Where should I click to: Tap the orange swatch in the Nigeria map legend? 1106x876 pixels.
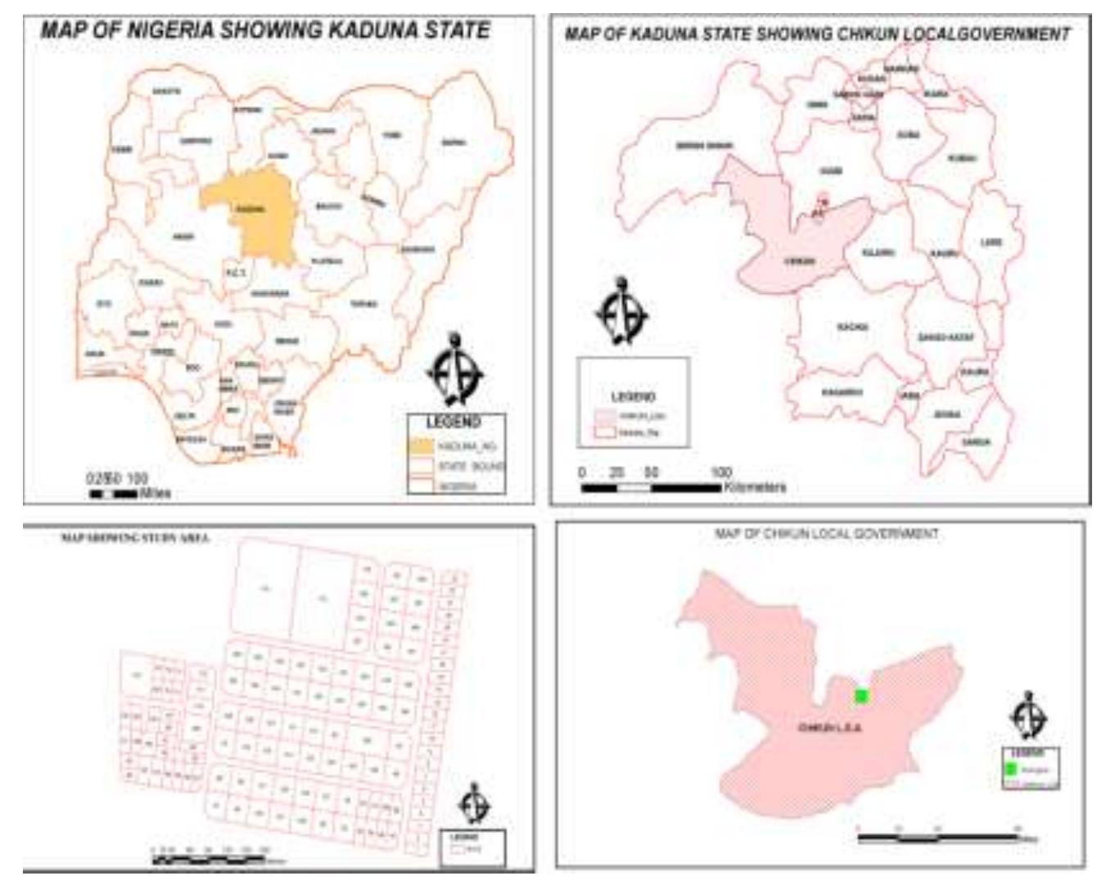coord(421,446)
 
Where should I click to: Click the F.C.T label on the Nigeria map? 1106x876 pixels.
coord(235,272)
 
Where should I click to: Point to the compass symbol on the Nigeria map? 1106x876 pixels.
coord(455,369)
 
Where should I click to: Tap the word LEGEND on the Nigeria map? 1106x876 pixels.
coord(453,422)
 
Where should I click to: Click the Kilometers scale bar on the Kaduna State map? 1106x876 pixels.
coord(650,488)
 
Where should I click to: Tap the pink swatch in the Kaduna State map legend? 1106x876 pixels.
coord(604,416)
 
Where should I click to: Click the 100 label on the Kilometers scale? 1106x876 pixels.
coord(720,473)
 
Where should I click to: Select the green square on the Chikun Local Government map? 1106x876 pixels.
coord(861,696)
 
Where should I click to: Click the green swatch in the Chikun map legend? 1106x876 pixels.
coord(1012,770)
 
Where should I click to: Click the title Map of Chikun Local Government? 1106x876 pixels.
coord(826,534)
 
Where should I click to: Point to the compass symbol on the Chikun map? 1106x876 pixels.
coord(1028,716)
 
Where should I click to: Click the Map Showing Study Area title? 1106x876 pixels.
coord(135,538)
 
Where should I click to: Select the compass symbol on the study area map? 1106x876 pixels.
coord(473,803)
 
